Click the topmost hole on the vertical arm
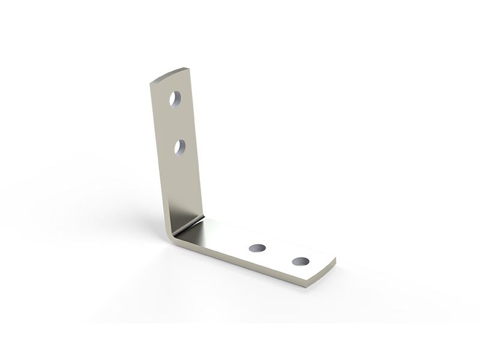(x=175, y=99)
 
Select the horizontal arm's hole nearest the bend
(x=257, y=248)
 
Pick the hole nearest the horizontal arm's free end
(x=301, y=262)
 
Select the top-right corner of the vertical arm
(x=189, y=69)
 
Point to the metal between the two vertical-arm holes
(x=178, y=123)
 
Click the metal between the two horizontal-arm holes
(x=279, y=254)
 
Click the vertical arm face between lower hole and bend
(x=184, y=186)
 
